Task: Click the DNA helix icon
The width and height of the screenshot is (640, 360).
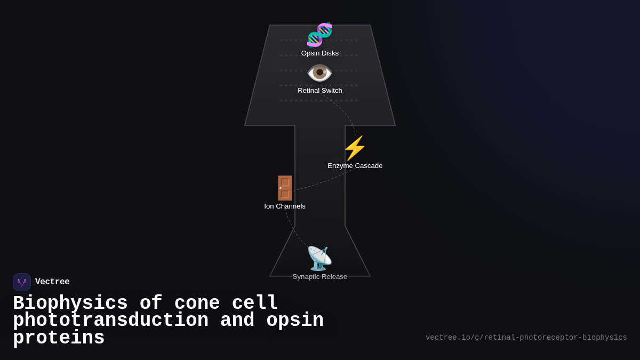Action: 319,35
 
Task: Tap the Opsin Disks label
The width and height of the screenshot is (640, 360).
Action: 320,53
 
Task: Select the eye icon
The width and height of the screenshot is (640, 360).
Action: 319,73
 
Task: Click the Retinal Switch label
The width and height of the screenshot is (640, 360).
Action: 320,91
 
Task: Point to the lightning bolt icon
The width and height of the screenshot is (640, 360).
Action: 355,148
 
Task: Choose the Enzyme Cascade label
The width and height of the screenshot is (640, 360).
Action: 355,166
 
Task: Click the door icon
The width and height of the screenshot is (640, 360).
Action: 285,188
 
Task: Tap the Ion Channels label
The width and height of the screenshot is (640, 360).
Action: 285,206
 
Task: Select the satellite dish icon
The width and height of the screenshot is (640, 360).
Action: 319,258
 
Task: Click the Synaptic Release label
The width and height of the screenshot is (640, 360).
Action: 320,277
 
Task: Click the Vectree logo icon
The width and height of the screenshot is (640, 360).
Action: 22,282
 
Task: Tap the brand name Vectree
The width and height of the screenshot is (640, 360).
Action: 52,282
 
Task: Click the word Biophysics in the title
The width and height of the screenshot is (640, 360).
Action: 70,303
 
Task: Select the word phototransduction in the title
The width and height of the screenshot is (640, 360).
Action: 110,321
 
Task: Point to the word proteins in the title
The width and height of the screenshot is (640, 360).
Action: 59,338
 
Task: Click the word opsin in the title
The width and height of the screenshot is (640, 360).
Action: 295,321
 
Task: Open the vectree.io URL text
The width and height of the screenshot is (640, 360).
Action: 526,338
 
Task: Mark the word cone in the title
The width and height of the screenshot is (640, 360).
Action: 197,303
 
